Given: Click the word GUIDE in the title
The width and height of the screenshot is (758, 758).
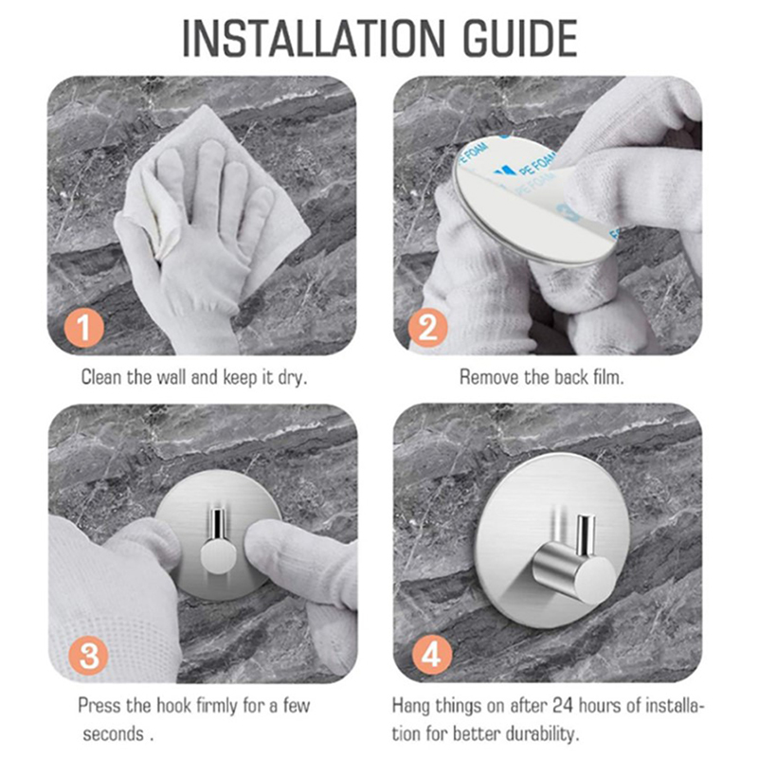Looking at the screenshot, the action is [x=520, y=39].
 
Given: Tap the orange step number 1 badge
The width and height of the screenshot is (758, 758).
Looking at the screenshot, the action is [x=84, y=327].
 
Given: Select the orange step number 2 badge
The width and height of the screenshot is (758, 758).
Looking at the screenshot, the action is [x=428, y=328].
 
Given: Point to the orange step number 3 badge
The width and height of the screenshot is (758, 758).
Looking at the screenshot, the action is [x=89, y=655].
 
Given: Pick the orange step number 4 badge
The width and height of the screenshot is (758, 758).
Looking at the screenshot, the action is [x=432, y=655].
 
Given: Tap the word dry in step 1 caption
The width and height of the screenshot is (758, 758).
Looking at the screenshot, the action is [x=292, y=378].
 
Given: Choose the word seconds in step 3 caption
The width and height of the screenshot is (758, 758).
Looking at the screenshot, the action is [x=113, y=734].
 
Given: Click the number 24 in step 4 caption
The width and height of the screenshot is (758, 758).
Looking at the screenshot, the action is [x=563, y=705].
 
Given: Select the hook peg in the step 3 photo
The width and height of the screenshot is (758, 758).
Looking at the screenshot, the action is [x=218, y=541].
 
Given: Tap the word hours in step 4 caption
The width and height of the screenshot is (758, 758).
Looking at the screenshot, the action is [x=601, y=705].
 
